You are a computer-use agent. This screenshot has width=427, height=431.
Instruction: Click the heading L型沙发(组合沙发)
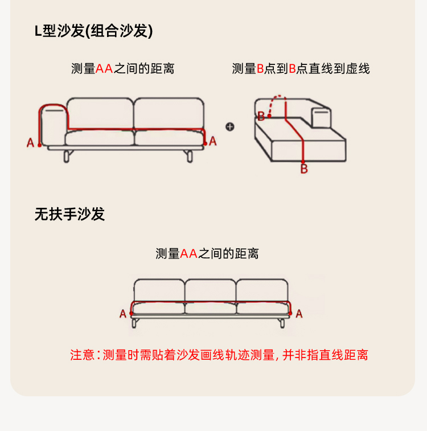[93, 31]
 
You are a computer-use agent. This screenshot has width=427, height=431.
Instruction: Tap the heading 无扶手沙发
[69, 214]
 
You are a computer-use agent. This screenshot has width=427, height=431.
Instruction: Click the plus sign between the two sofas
[230, 126]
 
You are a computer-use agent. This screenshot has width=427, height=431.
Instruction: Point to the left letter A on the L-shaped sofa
[31, 142]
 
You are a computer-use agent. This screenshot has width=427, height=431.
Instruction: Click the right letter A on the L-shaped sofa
[212, 141]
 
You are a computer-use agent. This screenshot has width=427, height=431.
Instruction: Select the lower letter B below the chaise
[304, 169]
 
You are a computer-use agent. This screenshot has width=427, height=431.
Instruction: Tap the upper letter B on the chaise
[261, 117]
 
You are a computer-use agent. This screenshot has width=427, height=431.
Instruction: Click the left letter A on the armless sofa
[123, 314]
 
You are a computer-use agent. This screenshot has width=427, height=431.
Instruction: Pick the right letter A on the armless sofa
[299, 314]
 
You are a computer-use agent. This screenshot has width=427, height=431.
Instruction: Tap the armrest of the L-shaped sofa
[54, 125]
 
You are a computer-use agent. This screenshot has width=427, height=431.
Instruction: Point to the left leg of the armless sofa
[135, 323]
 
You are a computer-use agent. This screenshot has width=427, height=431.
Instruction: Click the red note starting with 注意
[219, 355]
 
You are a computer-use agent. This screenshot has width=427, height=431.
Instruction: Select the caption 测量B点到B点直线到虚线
[301, 69]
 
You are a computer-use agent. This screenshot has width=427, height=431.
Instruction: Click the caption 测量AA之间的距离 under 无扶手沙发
[207, 254]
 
